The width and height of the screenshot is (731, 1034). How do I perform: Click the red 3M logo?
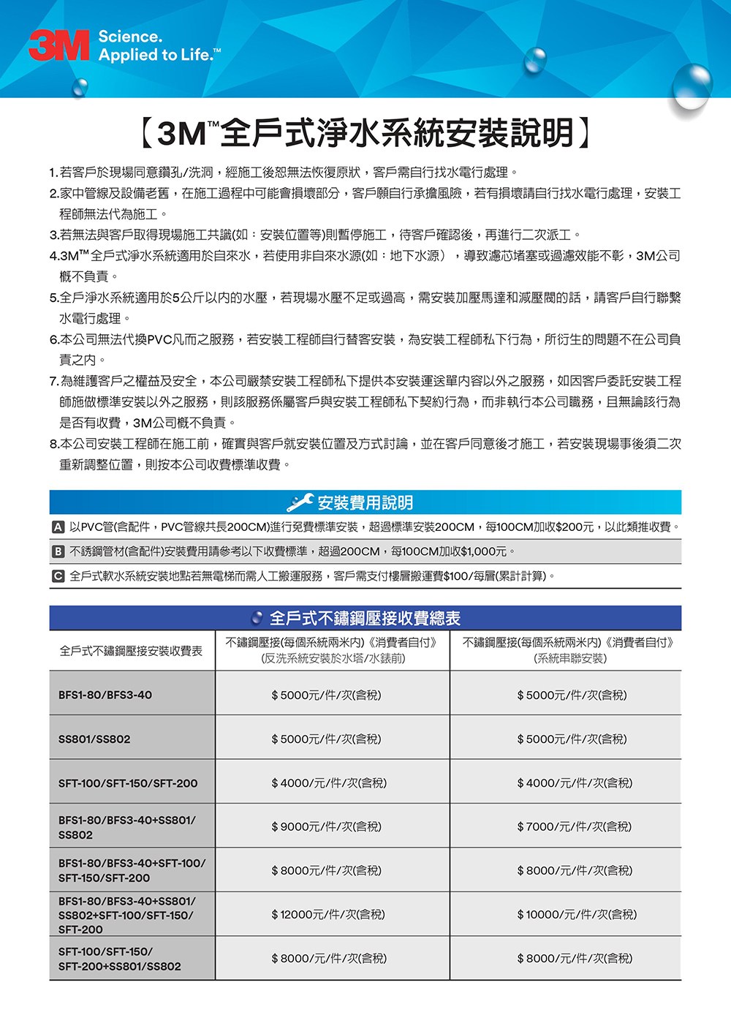(58, 45)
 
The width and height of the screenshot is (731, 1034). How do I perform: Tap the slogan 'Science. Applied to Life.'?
(158, 45)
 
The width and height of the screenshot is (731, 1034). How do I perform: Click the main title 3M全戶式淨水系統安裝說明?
(365, 132)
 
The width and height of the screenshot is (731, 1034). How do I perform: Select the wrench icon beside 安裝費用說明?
(300, 502)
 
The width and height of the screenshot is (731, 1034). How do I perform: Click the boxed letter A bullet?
(58, 527)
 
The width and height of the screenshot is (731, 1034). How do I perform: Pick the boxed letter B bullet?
(58, 551)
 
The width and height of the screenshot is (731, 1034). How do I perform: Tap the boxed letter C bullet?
(58, 576)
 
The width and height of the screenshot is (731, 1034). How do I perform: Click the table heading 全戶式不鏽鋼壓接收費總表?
(365, 619)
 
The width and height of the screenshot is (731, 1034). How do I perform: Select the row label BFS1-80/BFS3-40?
(105, 695)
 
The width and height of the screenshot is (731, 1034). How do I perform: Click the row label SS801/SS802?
(94, 739)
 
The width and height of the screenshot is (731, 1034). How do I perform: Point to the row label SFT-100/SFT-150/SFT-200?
(128, 783)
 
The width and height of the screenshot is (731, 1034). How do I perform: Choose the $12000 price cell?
(328, 914)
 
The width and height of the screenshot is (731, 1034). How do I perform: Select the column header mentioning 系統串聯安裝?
(568, 650)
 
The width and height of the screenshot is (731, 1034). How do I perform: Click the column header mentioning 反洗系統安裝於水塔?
(333, 650)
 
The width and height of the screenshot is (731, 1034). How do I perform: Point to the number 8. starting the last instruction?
(54, 444)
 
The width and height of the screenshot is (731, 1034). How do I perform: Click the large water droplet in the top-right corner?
(691, 84)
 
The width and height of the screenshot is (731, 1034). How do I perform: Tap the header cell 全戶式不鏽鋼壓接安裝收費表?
(132, 650)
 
